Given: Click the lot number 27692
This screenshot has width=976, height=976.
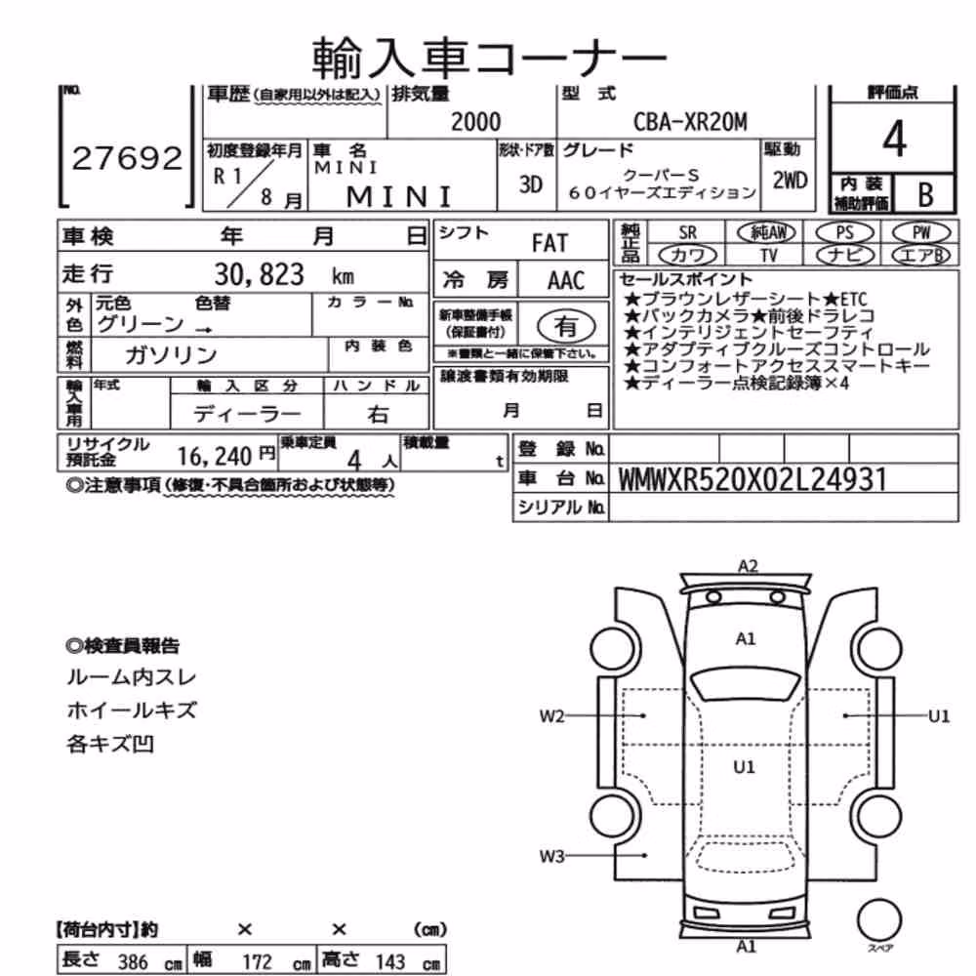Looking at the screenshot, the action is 127,158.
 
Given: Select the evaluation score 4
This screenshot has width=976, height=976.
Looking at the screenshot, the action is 894,139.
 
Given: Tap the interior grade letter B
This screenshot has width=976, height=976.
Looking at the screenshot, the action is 925,194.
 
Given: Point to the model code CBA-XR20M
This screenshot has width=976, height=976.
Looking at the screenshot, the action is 690,122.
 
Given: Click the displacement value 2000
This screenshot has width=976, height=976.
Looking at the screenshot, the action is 475,122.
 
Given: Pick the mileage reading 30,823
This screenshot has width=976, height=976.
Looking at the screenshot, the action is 259,274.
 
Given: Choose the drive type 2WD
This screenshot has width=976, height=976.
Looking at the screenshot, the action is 790,181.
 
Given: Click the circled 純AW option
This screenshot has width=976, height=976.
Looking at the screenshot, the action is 767,233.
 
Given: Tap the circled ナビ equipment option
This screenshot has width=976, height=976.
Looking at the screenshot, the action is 845,255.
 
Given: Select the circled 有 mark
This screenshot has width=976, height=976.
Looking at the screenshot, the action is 566,326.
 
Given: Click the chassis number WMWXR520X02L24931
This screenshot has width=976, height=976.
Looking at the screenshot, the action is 752,479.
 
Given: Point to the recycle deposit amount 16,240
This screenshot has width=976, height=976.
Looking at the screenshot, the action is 214,457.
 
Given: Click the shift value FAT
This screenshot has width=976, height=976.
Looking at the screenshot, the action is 549,243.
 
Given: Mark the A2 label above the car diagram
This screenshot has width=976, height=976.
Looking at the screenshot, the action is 748,566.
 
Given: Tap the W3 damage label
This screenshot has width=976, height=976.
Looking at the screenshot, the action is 551,857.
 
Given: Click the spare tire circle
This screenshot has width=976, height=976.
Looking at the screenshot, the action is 879,920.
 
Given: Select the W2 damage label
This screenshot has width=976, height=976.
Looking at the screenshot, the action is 551,716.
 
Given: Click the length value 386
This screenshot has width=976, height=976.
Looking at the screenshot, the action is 133,961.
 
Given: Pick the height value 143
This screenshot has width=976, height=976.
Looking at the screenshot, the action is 390,961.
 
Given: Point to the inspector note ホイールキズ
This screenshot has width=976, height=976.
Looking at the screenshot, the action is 132,711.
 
